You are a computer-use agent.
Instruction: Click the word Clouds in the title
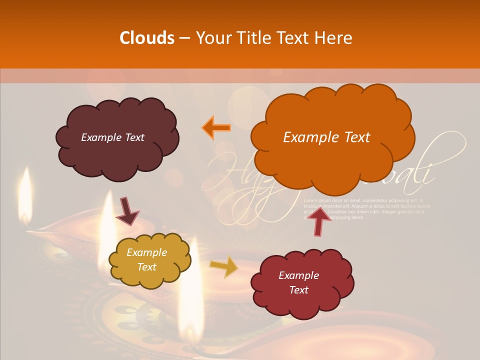pyautogui.click(x=147, y=38)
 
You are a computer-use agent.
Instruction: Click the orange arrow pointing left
pyautogui.click(x=216, y=127)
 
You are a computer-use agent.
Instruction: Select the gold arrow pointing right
pyautogui.click(x=223, y=267)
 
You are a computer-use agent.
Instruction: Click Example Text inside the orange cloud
pyautogui.click(x=326, y=137)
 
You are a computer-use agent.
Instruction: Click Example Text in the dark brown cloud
pyautogui.click(x=112, y=137)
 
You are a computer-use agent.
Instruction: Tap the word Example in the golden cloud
pyautogui.click(x=146, y=252)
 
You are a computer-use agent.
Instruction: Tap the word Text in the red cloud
pyautogui.click(x=298, y=290)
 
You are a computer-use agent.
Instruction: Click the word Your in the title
pyautogui.click(x=212, y=38)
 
